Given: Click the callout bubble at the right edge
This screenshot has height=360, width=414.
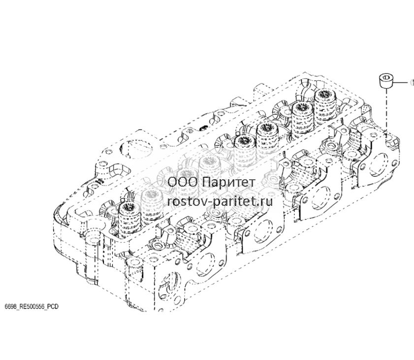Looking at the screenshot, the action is tap(412, 82).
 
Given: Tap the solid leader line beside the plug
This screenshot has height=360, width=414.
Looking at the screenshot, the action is tap(400, 82).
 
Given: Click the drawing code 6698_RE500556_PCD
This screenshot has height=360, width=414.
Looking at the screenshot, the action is tap(32, 307).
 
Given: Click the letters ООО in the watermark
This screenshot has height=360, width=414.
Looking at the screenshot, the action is tap(183, 182).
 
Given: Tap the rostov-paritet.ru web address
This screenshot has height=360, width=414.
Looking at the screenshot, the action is tap(220, 202).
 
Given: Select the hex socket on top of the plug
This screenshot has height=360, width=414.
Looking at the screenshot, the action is tap(386, 77).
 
